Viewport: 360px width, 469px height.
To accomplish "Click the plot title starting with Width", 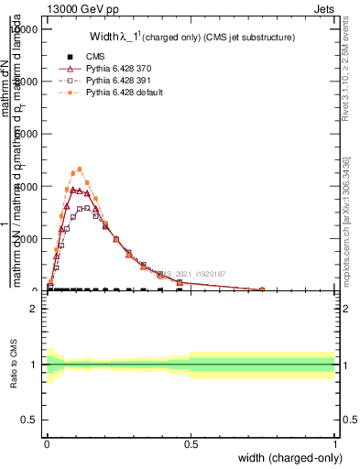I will tap(191, 38).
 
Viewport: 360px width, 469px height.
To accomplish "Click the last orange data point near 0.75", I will tap(262, 289).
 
